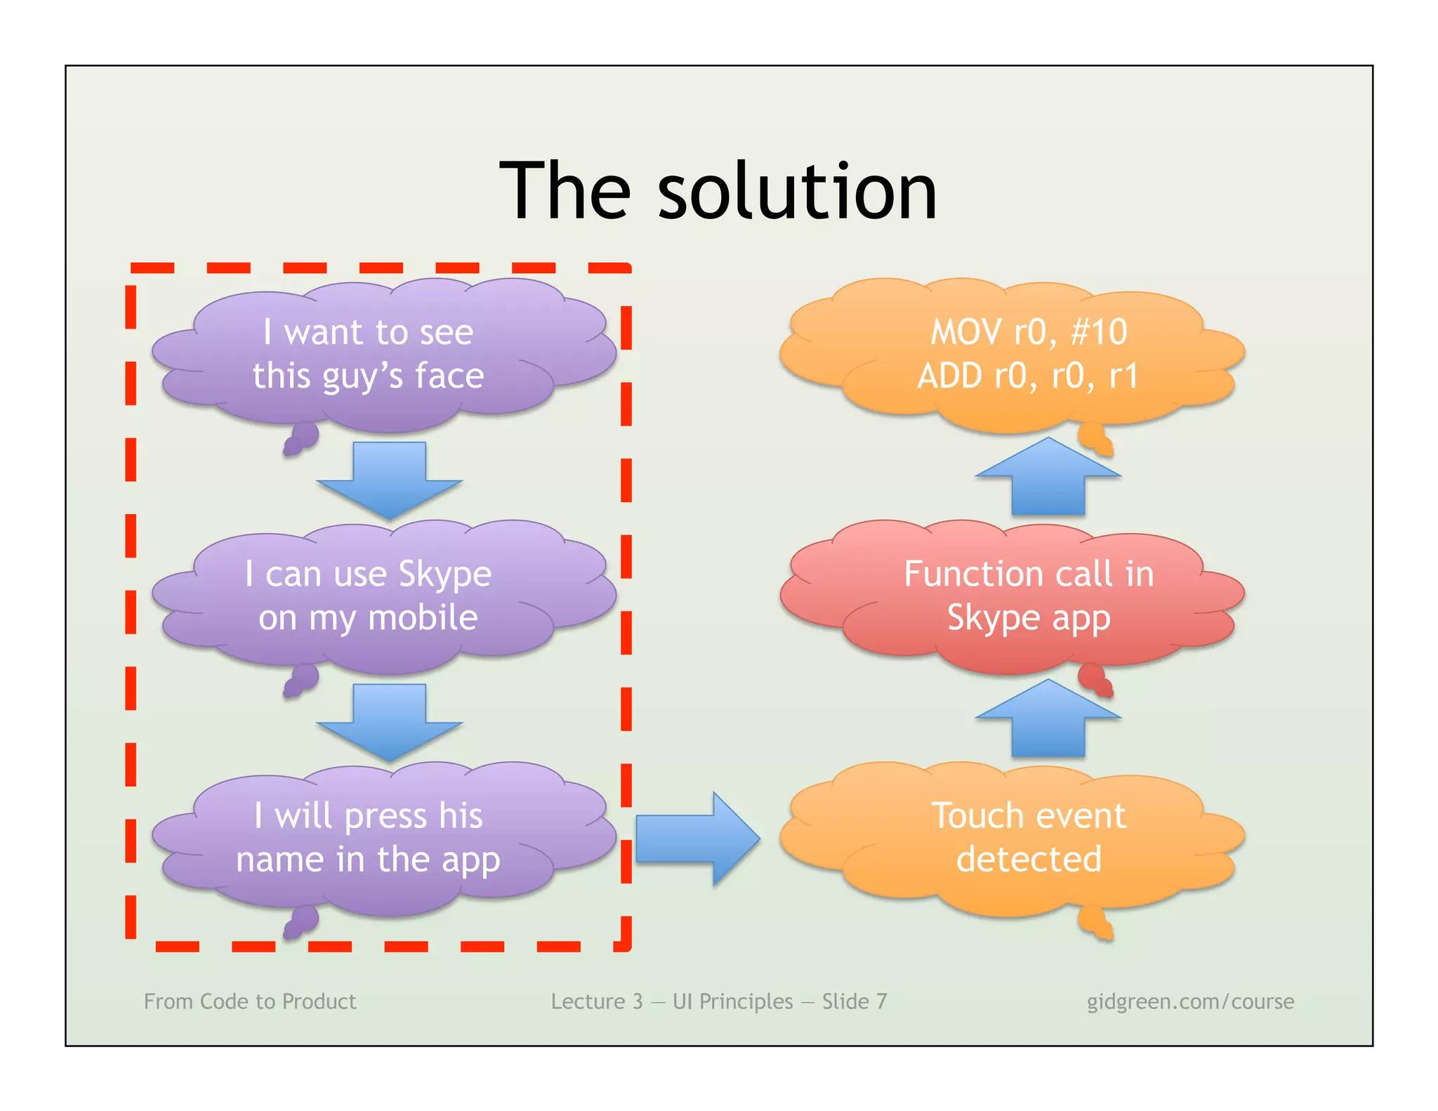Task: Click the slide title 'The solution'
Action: [x=718, y=190]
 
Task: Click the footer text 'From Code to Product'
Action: [x=250, y=1001]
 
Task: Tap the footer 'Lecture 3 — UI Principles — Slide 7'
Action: [x=718, y=1001]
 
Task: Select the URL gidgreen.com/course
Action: [x=1190, y=1001]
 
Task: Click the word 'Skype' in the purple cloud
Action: [x=444, y=575]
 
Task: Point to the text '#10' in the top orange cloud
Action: [x=1099, y=331]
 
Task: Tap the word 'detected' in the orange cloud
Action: [x=1029, y=859]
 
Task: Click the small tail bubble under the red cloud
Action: [x=1093, y=678]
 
